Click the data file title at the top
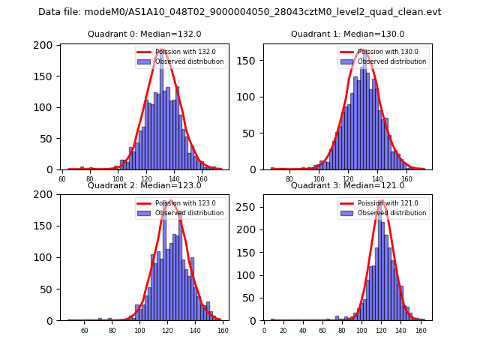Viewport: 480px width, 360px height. (x=240, y=12)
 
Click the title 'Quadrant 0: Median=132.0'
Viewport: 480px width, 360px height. (x=145, y=34)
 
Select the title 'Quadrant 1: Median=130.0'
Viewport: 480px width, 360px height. (x=348, y=34)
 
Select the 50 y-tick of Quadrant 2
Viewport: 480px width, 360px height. (x=46, y=289)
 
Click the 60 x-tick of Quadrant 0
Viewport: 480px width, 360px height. (x=62, y=178)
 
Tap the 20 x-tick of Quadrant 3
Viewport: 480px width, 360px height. (x=283, y=330)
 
